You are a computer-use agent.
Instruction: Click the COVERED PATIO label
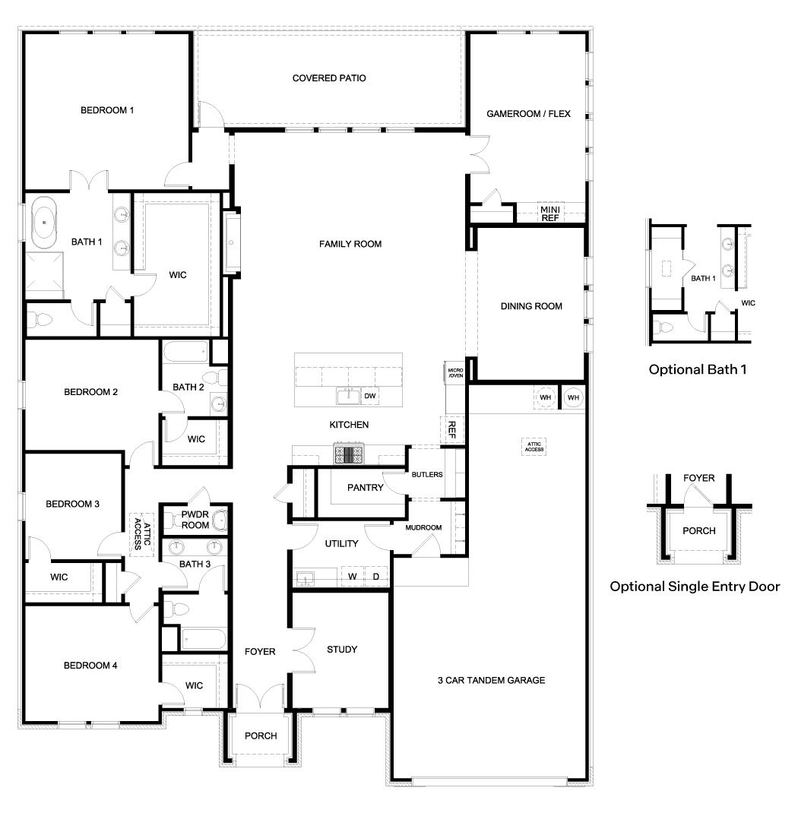coord(329,78)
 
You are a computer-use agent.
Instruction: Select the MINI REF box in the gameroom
coord(549,213)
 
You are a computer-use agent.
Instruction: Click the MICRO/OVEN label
coord(454,372)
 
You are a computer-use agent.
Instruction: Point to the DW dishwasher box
coord(370,396)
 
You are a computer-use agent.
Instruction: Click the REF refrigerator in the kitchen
coord(451,430)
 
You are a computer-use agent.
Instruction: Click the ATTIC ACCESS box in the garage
coord(533,447)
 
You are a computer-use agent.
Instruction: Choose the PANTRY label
coord(365,488)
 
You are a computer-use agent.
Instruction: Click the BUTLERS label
coord(426,475)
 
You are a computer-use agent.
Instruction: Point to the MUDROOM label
coord(423,527)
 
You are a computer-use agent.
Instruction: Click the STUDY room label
coord(342,650)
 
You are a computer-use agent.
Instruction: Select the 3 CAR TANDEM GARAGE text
coord(491,680)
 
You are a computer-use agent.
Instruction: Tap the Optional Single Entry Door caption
coord(695,587)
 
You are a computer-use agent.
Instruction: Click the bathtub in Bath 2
coord(185,352)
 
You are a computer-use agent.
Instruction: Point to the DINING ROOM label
coord(531,306)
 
